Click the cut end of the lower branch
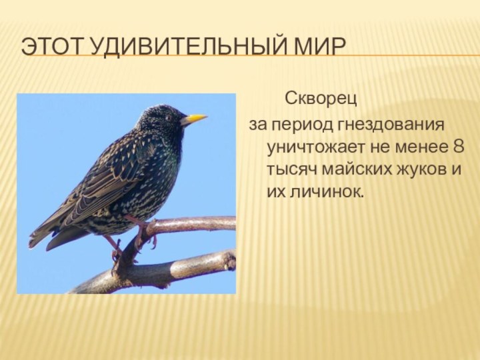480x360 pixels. click(x=230, y=260)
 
